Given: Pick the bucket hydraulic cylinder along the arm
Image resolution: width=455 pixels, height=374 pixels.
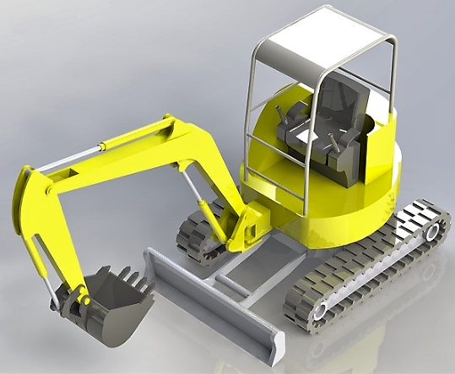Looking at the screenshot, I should [42, 253].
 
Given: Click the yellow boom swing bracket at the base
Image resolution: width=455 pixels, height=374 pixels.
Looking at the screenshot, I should [249, 226].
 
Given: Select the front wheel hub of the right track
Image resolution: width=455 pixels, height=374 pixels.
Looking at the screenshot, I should [321, 312].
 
